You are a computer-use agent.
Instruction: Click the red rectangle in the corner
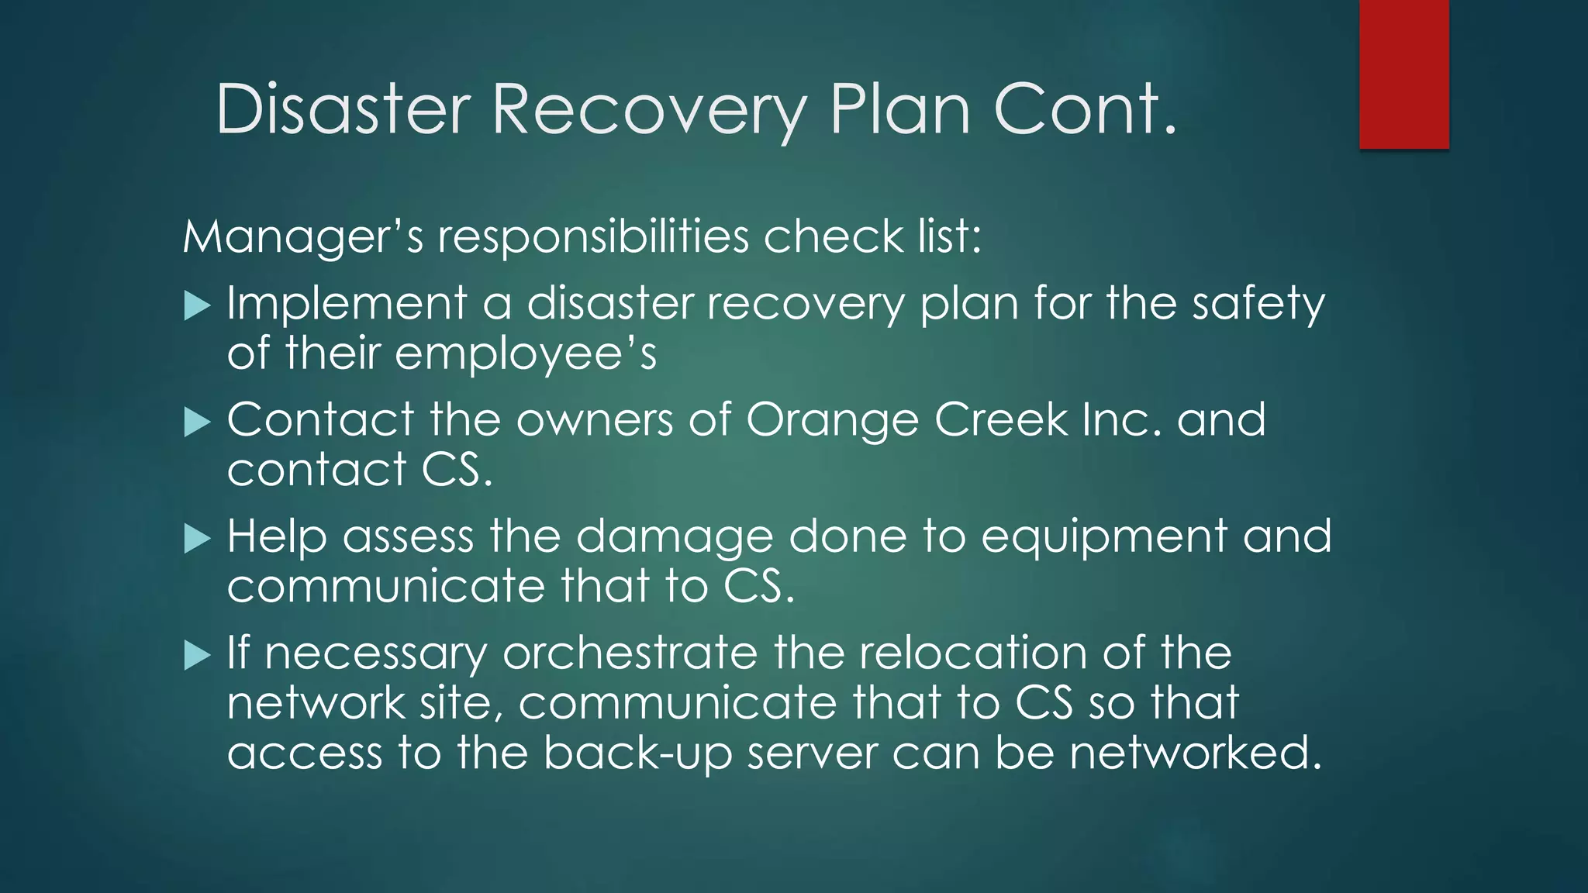[1403, 74]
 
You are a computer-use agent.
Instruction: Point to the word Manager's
[302, 236]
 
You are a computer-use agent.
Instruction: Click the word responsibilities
[593, 236]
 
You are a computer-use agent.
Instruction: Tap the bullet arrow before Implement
[198, 306]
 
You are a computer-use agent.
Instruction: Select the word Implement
[347, 303]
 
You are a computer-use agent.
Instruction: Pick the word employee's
[525, 354]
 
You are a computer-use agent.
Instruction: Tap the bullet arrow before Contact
[198, 423]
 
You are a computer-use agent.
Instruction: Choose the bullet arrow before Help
[198, 540]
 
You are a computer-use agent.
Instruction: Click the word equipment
[1103, 537]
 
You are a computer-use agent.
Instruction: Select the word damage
[674, 537]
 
